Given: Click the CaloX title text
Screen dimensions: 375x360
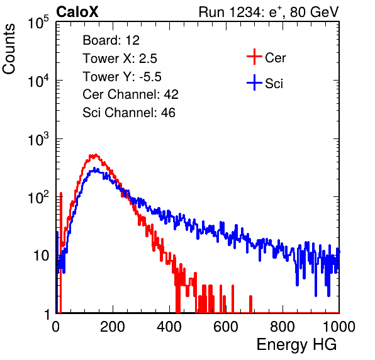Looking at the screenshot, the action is pos(77,12).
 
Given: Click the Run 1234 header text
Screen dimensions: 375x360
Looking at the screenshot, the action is pos(269,12).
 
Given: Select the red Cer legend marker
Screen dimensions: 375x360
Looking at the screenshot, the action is pos(254,57).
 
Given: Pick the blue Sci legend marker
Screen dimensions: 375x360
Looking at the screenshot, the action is pos(254,83).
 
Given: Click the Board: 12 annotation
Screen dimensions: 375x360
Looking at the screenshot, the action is pos(111,40).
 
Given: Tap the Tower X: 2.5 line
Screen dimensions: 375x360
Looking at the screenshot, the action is pos(120,59).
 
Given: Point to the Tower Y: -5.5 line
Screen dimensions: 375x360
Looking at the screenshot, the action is pos(122,77).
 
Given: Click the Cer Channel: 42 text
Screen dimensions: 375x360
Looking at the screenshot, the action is pos(131,94).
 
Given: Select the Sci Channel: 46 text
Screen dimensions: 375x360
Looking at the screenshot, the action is pos(129,113).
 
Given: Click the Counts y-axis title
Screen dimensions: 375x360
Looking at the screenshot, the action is pos(9,49).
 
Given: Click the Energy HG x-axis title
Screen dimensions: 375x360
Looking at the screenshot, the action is pos(296,344).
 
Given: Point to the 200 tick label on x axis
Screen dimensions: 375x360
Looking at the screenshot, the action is pos(113,327).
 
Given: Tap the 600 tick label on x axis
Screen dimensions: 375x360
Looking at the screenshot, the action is pos(226,327).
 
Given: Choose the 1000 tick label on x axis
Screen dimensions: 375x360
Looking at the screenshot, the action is pos(339,327).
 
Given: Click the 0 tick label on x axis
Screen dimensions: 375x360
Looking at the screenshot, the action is pos(56,327).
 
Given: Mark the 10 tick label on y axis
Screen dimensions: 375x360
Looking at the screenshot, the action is pos(42,256).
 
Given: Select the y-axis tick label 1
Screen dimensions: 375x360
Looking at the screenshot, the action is pos(47,315).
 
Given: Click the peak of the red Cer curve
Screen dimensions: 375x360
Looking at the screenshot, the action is pos(96,155).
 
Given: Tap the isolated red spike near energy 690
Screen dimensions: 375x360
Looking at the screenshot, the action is pos(250,304).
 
